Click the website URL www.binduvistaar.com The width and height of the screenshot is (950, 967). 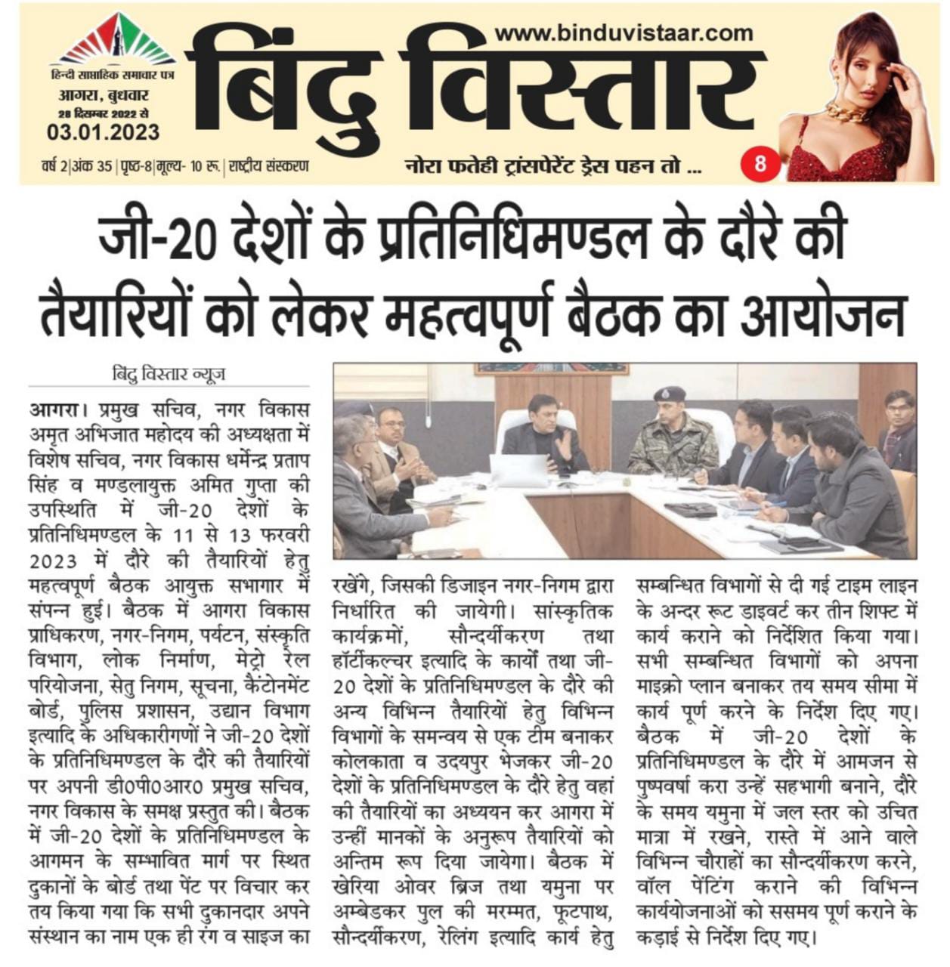tap(624, 33)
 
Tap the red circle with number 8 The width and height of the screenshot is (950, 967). tap(760, 162)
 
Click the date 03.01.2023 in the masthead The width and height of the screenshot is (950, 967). tap(104, 133)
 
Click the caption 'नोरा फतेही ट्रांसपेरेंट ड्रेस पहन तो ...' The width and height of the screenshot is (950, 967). tap(551, 164)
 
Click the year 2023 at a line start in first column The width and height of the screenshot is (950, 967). tap(54, 561)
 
